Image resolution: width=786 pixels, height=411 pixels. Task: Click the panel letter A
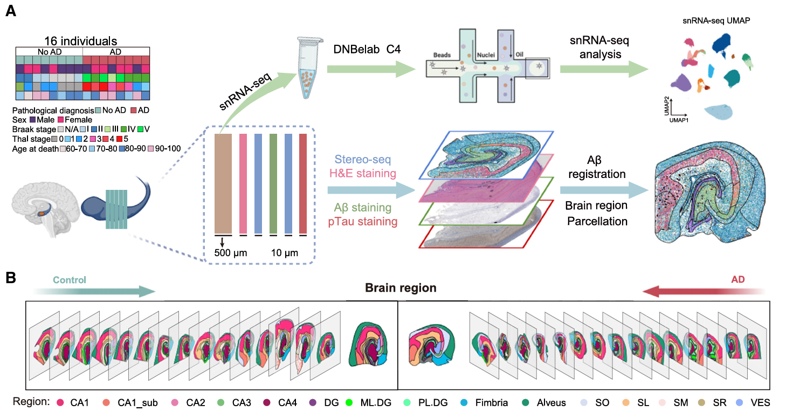pyautogui.click(x=10, y=12)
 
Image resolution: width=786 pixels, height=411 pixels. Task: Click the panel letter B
pyautogui.click(x=10, y=279)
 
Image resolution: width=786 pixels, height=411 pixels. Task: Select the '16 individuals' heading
pyautogui.click(x=82, y=41)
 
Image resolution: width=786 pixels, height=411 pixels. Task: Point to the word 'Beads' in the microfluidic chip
pyautogui.click(x=442, y=55)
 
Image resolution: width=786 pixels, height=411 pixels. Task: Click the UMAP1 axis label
pyautogui.click(x=678, y=121)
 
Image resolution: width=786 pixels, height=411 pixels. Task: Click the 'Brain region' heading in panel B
pyautogui.click(x=400, y=288)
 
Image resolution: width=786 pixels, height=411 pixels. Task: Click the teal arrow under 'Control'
pyautogui.click(x=97, y=292)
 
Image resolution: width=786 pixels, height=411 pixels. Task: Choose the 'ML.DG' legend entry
pyautogui.click(x=371, y=402)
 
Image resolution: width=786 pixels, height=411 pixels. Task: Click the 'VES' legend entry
pyautogui.click(x=761, y=402)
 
